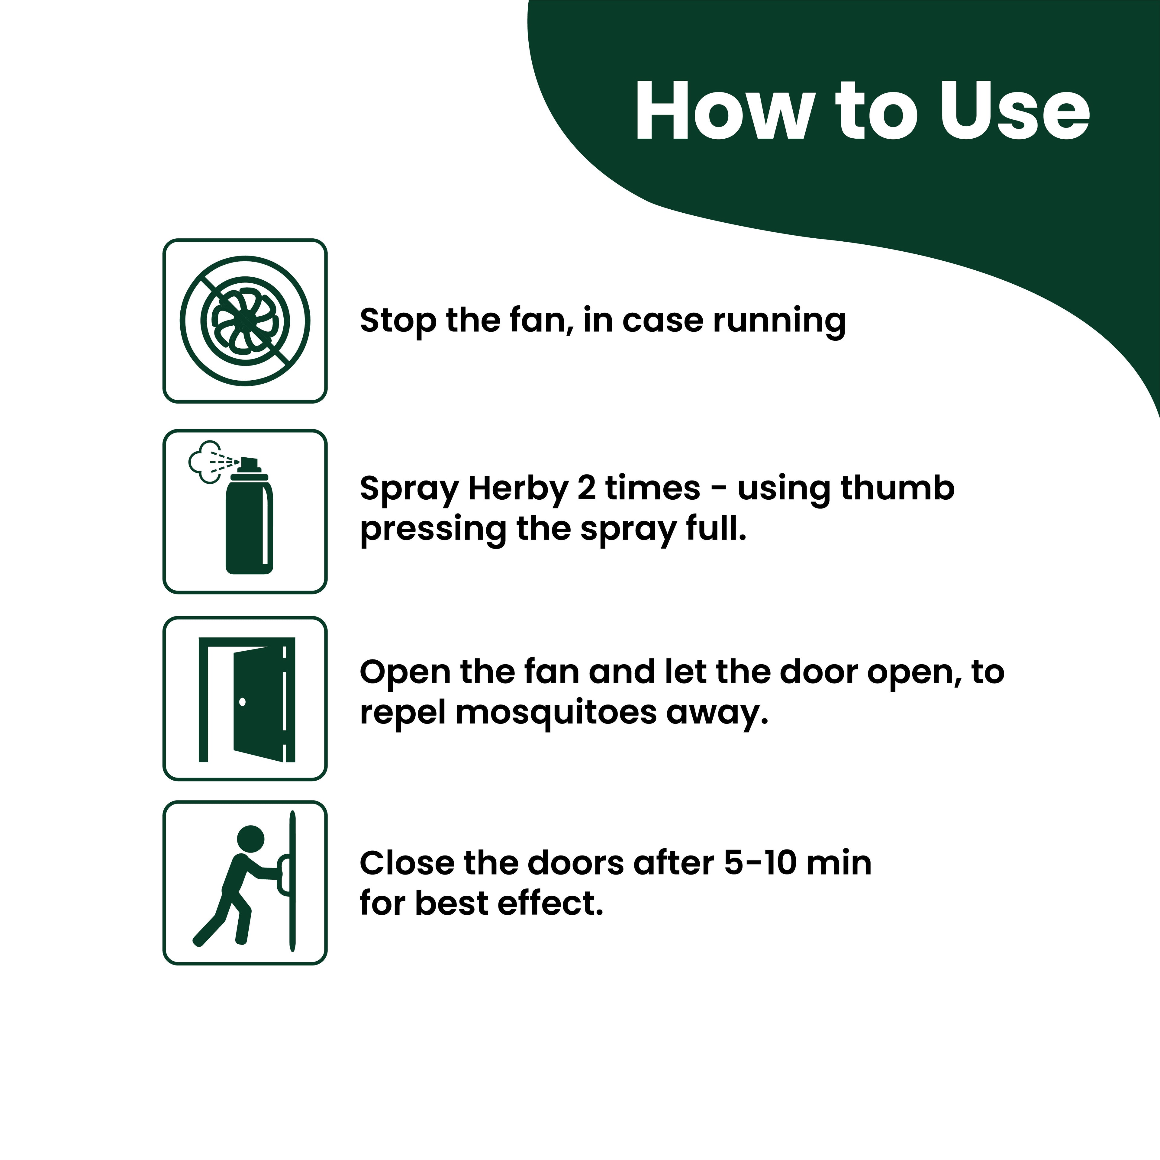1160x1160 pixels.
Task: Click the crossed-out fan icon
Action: click(245, 321)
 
